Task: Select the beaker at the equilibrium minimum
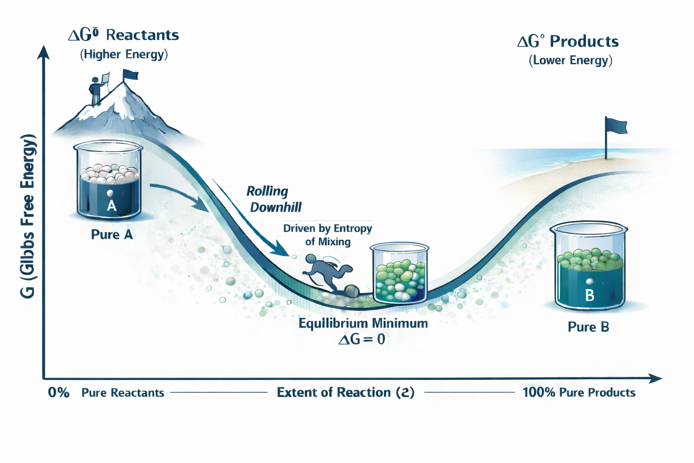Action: (399, 274)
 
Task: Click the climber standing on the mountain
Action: (96, 91)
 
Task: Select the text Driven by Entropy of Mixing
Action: (328, 235)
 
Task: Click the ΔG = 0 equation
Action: (362, 339)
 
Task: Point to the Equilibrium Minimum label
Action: (363, 323)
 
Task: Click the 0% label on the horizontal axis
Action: (59, 392)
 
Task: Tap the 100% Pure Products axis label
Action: (579, 392)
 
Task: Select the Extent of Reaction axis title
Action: (346, 392)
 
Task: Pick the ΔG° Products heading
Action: (568, 42)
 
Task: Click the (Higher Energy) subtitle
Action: (124, 55)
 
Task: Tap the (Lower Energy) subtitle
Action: (570, 61)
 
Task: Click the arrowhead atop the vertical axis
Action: (43, 52)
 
